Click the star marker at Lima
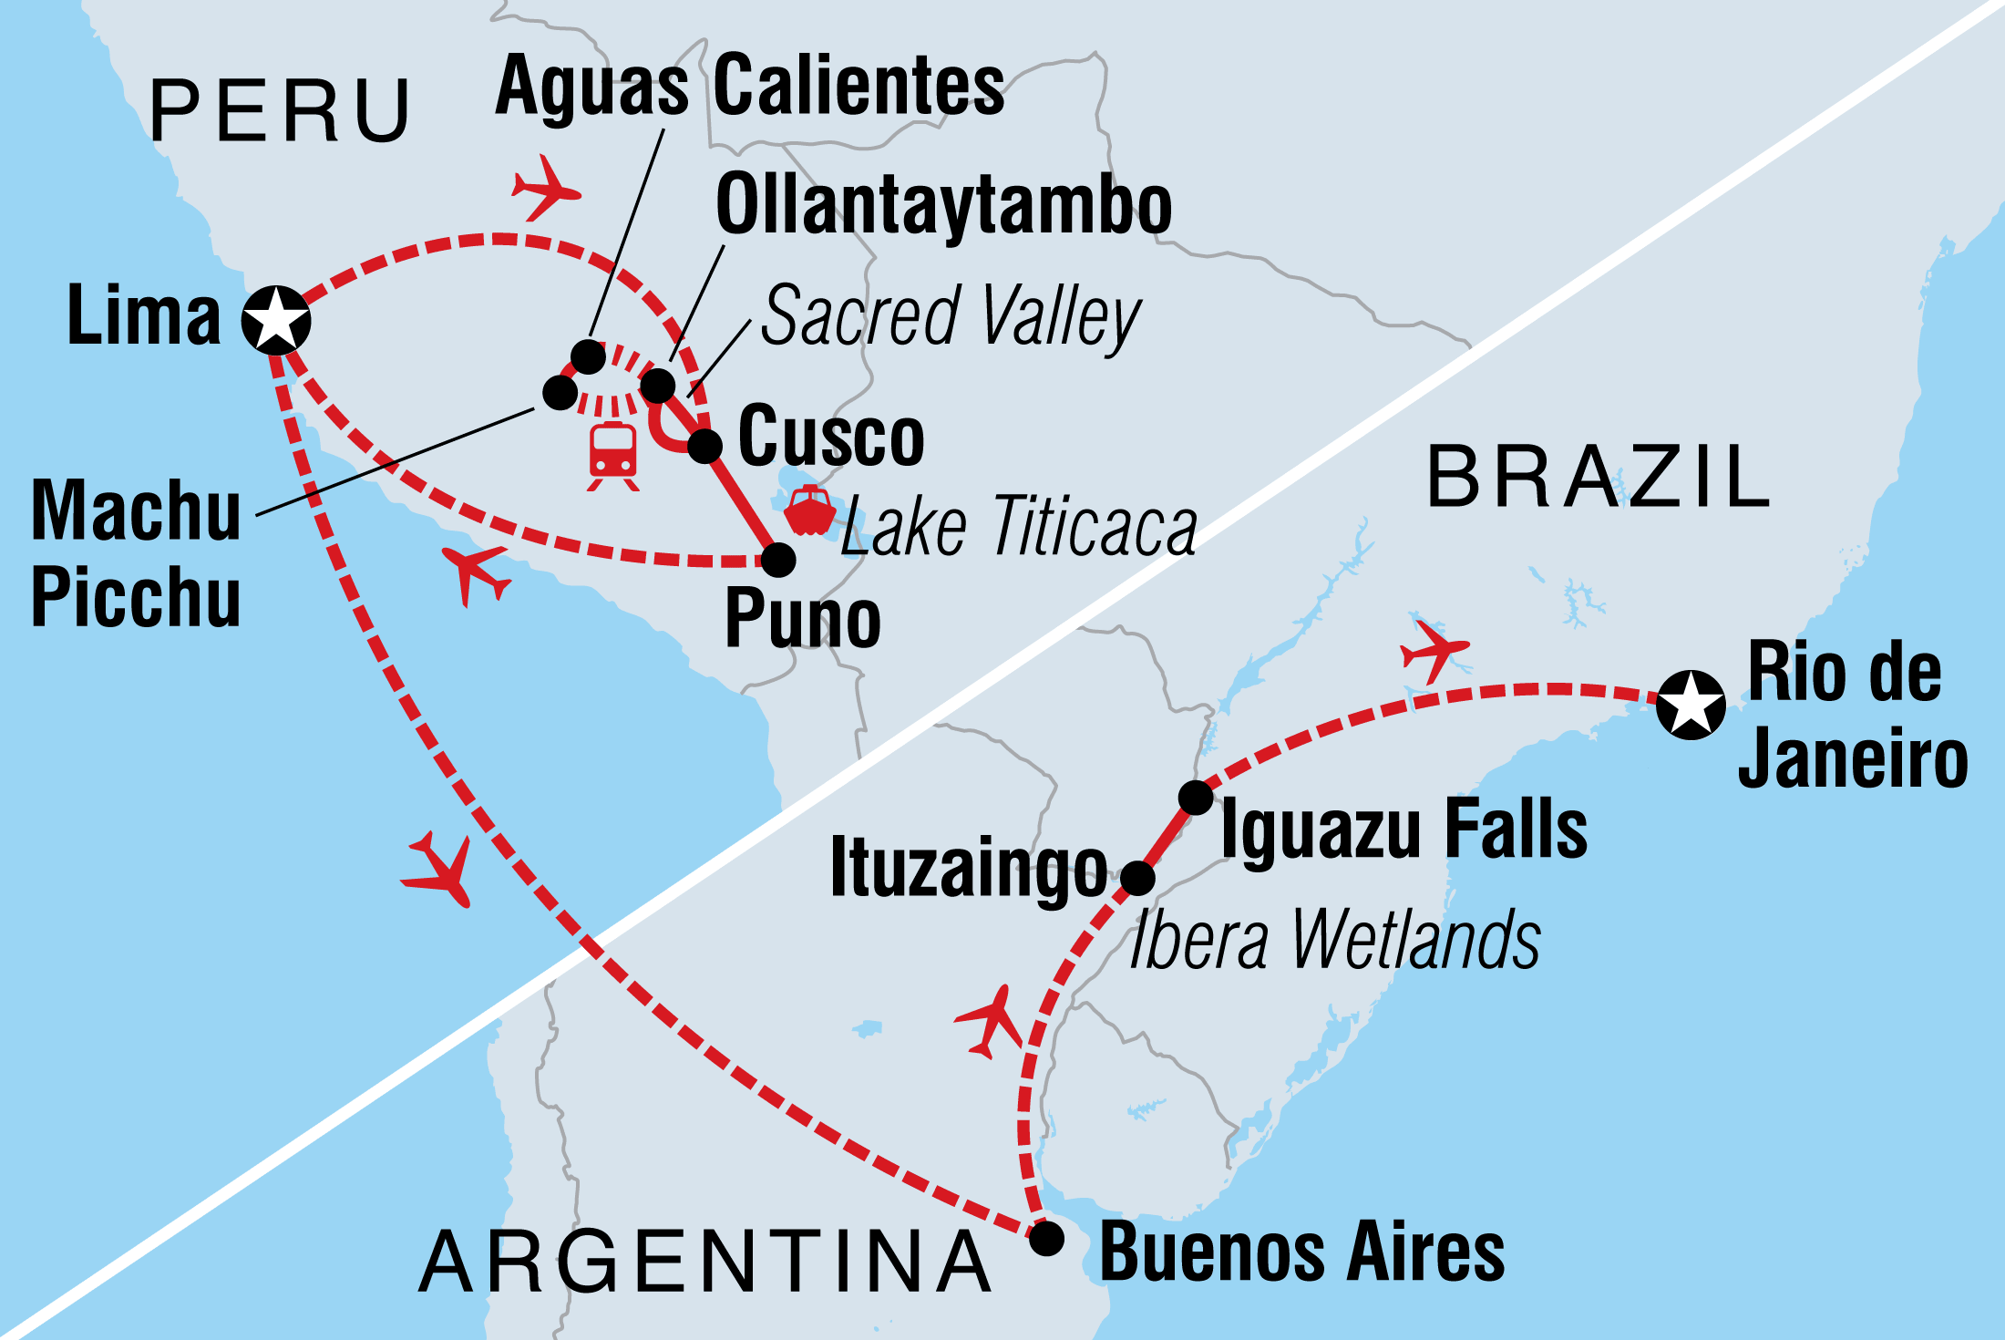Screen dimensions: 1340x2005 pos(276,320)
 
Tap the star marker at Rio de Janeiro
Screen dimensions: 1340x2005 pos(1691,705)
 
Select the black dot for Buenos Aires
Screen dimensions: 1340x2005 pos(1046,1239)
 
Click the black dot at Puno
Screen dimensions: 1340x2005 pos(778,560)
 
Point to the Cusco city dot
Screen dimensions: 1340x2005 pos(704,446)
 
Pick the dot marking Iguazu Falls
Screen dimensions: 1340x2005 pos(1196,798)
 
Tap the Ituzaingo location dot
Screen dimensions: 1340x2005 pos(1137,878)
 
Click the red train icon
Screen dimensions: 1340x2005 pos(612,455)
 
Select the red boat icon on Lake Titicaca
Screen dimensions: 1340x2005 pos(809,512)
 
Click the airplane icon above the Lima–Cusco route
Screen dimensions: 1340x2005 pos(544,188)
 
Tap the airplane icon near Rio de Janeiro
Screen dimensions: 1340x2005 pos(1433,650)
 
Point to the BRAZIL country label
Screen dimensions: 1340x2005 pos(1597,478)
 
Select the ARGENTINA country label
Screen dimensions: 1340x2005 pos(705,1263)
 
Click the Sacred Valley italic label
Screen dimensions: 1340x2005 pos(950,316)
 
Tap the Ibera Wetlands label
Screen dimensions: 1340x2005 pos(1334,940)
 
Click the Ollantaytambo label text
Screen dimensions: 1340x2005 pos(943,205)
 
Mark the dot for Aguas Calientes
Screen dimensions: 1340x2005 pos(588,356)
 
